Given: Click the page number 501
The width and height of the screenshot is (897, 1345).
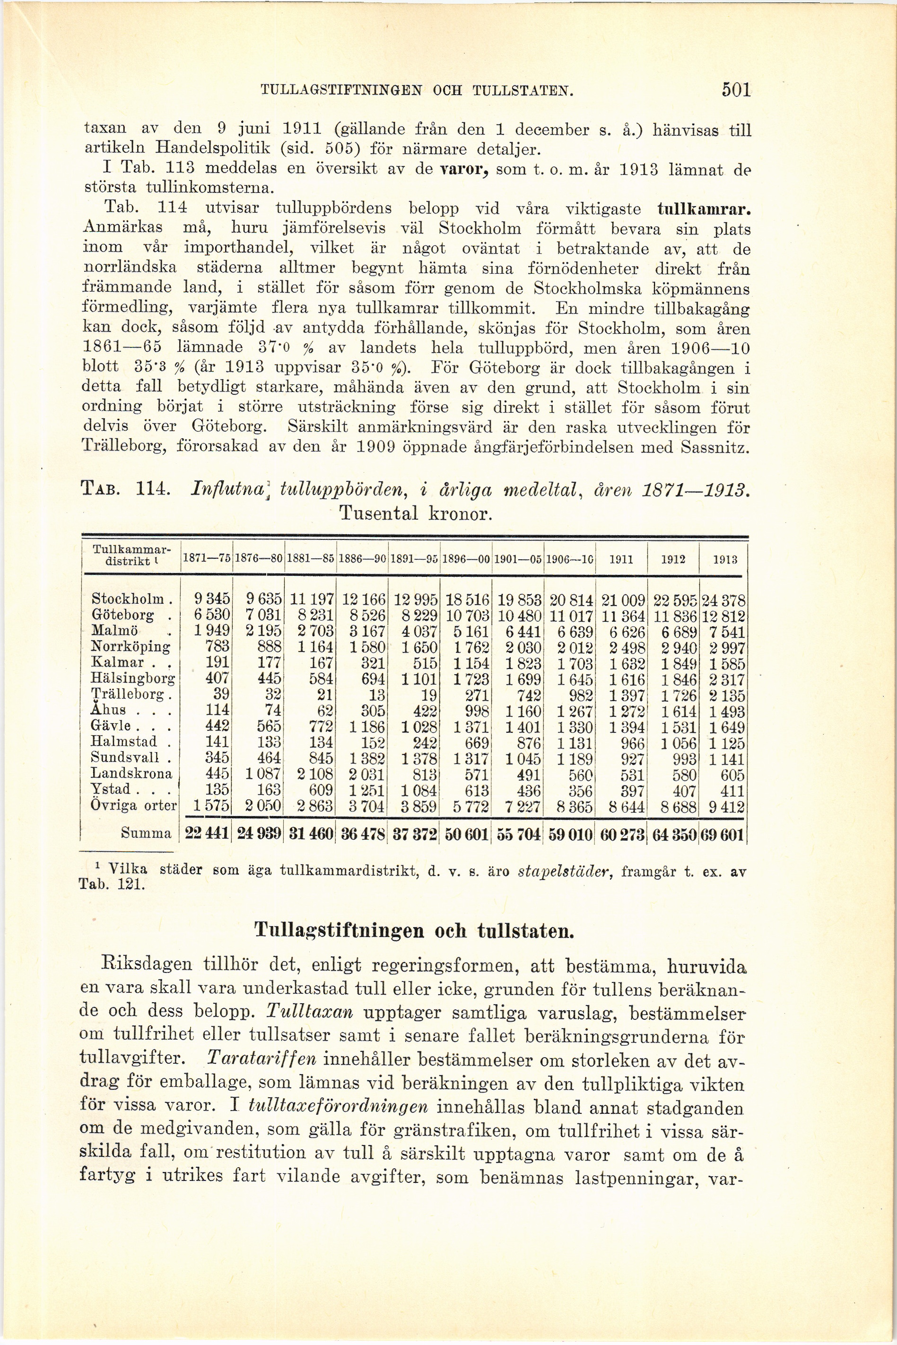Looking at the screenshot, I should [x=735, y=90].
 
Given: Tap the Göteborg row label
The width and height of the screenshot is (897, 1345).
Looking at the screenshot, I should [x=123, y=616].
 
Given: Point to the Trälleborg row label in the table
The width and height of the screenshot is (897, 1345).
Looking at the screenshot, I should [x=131, y=696].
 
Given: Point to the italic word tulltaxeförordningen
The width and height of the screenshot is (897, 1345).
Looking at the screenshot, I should [x=339, y=1107].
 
